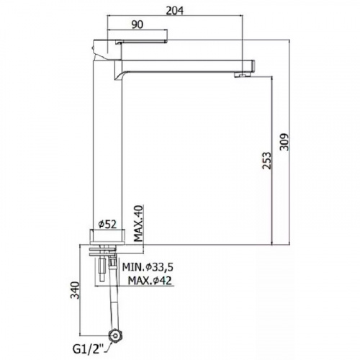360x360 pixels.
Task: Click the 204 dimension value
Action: click(175, 10)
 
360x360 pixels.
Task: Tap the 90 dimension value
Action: click(138, 24)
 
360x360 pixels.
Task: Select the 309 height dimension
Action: click(284, 142)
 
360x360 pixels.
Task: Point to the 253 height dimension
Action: click(266, 161)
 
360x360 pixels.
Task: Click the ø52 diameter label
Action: click(107, 225)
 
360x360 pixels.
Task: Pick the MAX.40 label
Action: click(138, 223)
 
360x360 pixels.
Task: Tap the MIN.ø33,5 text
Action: click(148, 267)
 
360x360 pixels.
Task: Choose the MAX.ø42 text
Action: click(150, 280)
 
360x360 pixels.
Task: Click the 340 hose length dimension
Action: click(75, 290)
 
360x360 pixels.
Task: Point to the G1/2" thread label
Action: click(88, 349)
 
